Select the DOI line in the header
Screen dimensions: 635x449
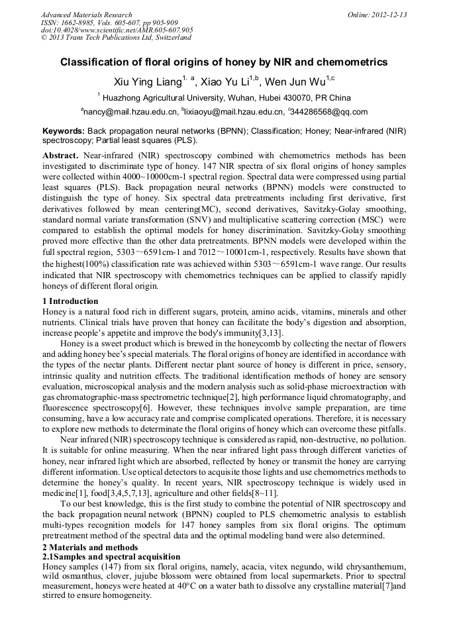tap(117, 30)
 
